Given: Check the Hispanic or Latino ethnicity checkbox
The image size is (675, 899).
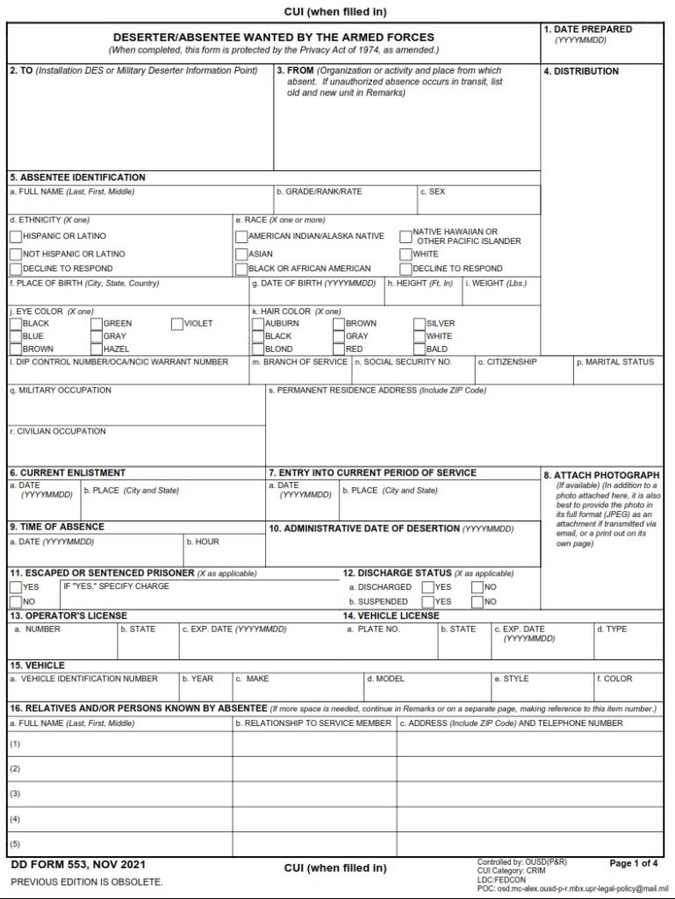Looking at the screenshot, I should (16, 236).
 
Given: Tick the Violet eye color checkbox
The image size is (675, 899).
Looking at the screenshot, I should (176, 324).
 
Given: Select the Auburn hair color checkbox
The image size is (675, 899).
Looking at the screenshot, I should (258, 324).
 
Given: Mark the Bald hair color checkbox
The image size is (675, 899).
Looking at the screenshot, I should (420, 349).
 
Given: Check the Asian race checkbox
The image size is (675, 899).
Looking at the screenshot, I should (241, 254).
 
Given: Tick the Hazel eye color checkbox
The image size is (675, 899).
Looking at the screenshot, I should (97, 349).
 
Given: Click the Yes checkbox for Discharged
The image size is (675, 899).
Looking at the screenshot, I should (427, 587).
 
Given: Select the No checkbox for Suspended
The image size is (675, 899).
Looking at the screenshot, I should (477, 602).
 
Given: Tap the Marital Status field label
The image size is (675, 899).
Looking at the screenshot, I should (614, 362).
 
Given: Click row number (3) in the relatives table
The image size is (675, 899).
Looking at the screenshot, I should (15, 793).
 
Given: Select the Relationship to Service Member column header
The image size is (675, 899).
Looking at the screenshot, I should (314, 723).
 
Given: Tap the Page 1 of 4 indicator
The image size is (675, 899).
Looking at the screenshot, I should (634, 863).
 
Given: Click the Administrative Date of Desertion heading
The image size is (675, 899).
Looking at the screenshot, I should (390, 529).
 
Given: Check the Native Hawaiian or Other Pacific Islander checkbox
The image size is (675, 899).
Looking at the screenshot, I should (406, 236).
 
